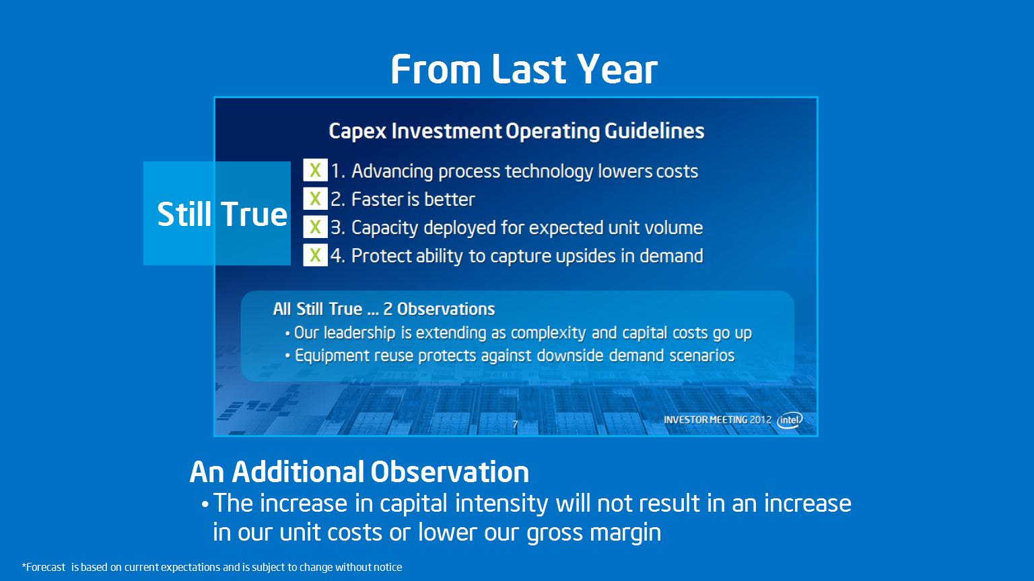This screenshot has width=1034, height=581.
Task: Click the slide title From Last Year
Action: point(524,69)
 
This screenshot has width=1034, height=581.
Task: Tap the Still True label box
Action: point(217,213)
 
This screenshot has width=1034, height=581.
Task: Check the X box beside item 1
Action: point(315,170)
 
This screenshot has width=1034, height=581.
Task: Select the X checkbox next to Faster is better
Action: point(315,199)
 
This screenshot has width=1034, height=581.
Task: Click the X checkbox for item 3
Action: point(315,227)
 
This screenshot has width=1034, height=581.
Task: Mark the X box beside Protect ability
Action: point(315,255)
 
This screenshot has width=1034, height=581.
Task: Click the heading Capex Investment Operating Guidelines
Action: point(516,131)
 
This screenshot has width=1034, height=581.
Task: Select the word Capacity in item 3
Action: point(384,228)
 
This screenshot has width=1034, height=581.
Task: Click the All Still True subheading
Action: point(384,309)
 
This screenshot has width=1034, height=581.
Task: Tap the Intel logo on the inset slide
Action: point(790,420)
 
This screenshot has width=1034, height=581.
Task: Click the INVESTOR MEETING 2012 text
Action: point(718,420)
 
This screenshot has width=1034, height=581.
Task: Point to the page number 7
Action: point(515,424)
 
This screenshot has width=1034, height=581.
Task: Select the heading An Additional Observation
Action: point(359,472)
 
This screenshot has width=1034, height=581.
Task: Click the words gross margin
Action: point(594,533)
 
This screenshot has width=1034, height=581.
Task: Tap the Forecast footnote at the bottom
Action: point(212,567)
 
